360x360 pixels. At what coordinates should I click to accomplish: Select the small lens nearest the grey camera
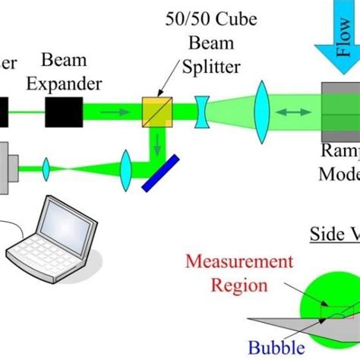(45, 166)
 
